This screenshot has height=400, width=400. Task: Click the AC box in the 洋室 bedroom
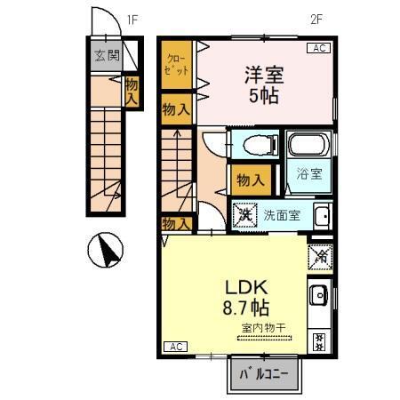pyautogui.click(x=316, y=48)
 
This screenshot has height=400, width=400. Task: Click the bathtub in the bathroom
pyautogui.click(x=308, y=144)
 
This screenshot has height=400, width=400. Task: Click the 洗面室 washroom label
pyautogui.click(x=282, y=214)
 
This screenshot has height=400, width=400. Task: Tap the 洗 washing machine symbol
pyautogui.click(x=244, y=214)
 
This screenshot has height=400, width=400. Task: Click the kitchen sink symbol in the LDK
pyautogui.click(x=319, y=295)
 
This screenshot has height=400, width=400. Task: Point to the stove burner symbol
pyautogui.click(x=319, y=338)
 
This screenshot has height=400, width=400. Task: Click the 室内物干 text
pyautogui.click(x=263, y=329)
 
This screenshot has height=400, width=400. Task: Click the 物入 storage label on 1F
pyautogui.click(x=132, y=92)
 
